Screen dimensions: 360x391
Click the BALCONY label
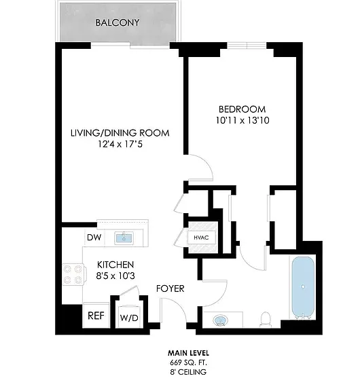click(118, 22)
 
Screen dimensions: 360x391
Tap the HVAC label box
click(201, 238)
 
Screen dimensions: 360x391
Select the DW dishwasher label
click(94, 237)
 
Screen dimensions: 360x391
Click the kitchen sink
click(124, 238)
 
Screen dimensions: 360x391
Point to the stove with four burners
click(74, 274)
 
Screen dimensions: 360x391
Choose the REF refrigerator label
click(96, 316)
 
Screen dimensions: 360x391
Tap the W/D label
click(129, 318)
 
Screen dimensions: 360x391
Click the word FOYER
click(170, 288)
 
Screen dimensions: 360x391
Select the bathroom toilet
click(265, 319)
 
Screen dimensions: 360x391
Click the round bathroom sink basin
click(221, 320)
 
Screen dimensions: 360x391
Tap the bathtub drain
click(303, 286)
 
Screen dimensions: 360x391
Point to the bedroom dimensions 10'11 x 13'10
click(242, 120)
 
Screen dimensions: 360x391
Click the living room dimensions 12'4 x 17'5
click(120, 144)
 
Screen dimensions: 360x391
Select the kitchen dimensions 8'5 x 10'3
click(115, 276)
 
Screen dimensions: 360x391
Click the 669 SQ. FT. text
click(188, 362)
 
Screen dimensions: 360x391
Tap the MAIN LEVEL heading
click(188, 353)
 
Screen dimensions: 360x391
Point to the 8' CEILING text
click(188, 372)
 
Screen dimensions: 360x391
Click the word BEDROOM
click(242, 109)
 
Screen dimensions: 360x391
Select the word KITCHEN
click(115, 265)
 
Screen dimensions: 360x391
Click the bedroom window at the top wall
click(247, 45)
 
